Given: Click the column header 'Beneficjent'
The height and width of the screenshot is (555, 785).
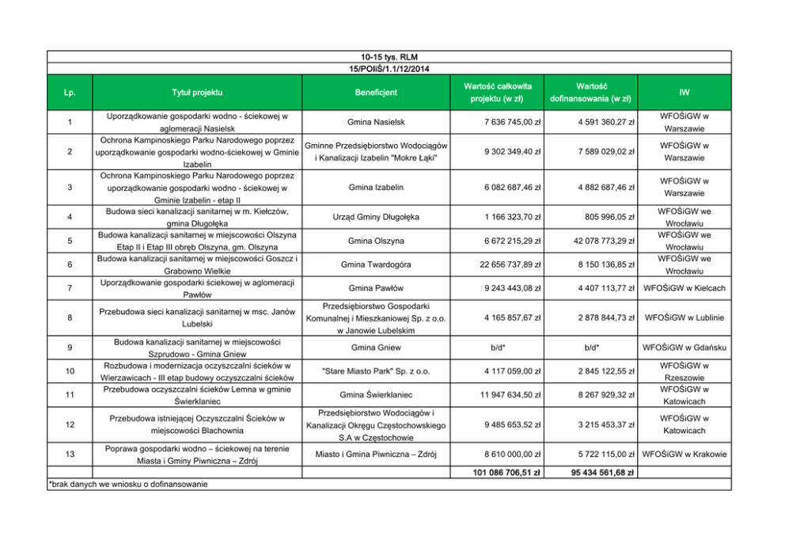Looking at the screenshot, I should click(376, 93).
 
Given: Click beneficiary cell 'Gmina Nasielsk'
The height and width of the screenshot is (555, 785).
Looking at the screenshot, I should click(376, 122).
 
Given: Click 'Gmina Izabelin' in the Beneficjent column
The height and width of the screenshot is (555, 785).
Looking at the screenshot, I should click(376, 187).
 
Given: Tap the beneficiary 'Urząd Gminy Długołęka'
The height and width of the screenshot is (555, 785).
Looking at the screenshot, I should click(376, 216).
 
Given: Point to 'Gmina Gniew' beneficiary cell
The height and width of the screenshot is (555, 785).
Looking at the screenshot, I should click(376, 347).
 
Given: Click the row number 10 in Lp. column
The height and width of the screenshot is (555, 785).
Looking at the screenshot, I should click(70, 371).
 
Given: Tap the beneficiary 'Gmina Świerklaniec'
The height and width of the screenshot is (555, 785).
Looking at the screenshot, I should click(376, 394).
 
